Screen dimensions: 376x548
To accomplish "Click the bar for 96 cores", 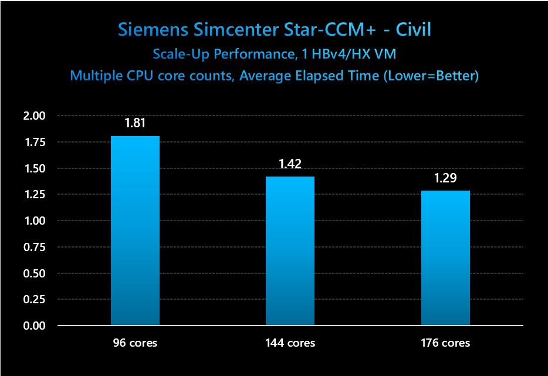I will point(135,231).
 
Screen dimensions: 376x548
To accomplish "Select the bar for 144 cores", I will point(290,250).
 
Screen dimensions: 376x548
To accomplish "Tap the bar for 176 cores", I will point(445,258).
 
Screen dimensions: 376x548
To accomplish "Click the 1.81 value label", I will point(134,124).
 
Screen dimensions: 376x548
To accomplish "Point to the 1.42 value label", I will point(290,164).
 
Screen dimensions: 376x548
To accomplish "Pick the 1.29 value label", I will point(445,178).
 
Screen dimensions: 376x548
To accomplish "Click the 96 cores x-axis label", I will point(135,343).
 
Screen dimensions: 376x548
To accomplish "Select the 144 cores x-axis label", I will point(290,343).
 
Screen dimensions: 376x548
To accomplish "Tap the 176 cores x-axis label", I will point(445,343).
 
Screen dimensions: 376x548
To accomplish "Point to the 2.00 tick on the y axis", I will point(33,116).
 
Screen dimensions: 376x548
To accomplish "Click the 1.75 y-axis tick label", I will point(33,142).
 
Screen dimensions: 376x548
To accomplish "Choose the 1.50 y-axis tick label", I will point(33,168).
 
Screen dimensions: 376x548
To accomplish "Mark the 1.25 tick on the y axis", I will point(33,194).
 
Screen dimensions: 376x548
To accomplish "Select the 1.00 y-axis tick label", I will point(33,221).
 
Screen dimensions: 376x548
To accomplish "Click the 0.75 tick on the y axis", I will point(33,247).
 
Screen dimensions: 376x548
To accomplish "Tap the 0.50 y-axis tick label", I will point(33,273).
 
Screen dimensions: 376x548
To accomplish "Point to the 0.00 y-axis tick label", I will point(33,326).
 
